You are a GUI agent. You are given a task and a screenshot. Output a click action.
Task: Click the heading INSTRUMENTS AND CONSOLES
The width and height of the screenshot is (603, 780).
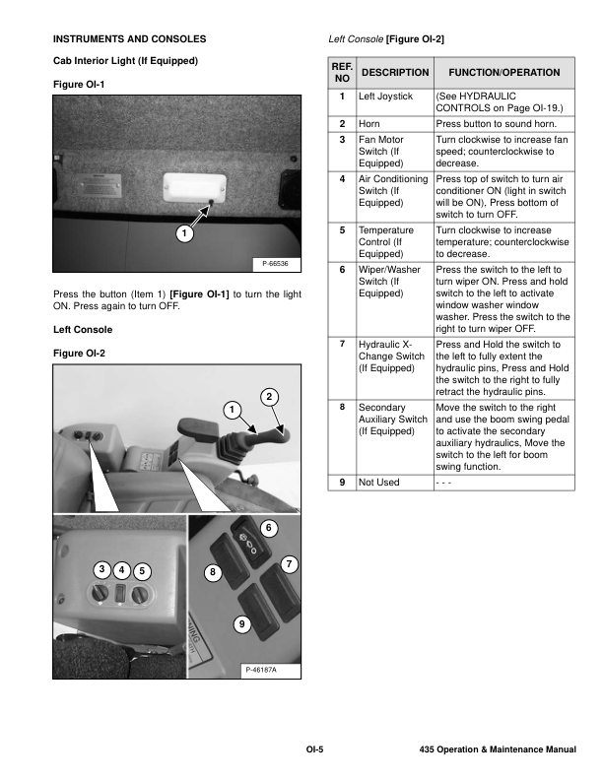(129, 38)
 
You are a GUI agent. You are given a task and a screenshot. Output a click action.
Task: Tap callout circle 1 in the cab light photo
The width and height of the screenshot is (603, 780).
(184, 233)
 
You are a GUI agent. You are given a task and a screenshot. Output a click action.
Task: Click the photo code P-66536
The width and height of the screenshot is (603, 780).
(276, 263)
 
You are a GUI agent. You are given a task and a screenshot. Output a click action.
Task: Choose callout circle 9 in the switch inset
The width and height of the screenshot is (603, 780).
(241, 624)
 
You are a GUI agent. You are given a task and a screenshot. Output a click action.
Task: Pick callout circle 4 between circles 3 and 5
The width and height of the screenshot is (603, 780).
(121, 570)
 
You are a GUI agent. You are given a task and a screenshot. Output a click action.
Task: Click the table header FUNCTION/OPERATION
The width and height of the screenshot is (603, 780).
(504, 73)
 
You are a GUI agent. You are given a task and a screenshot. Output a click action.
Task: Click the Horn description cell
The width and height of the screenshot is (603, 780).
(369, 124)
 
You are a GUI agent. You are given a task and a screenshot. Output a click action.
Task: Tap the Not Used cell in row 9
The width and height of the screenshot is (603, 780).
(379, 483)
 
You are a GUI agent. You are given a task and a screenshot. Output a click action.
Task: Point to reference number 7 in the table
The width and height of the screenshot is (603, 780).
(341, 345)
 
